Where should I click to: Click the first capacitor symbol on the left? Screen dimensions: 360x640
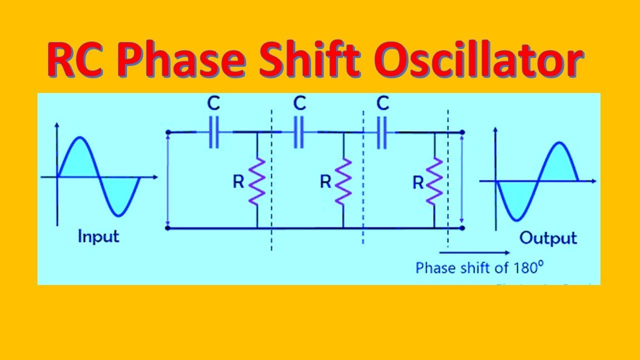tap(213, 132)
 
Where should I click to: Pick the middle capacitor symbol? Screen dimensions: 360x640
tap(299, 132)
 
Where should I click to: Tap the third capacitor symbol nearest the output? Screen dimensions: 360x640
tap(382, 132)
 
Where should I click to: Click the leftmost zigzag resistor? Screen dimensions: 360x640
tap(257, 181)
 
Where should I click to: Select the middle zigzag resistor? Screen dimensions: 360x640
tap(343, 181)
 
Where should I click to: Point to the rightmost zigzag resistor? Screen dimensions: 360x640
tap(434, 181)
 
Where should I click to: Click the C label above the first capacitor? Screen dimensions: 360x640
tap(213, 104)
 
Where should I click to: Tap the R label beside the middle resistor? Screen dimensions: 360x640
tap(325, 182)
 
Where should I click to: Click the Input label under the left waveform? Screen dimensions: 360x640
tap(98, 236)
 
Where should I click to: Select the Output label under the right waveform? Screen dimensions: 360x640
tap(548, 237)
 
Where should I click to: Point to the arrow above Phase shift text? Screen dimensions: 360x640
tap(475, 252)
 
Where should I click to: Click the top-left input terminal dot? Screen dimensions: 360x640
tap(168, 132)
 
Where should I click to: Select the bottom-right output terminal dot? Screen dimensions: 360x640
tap(462, 228)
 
